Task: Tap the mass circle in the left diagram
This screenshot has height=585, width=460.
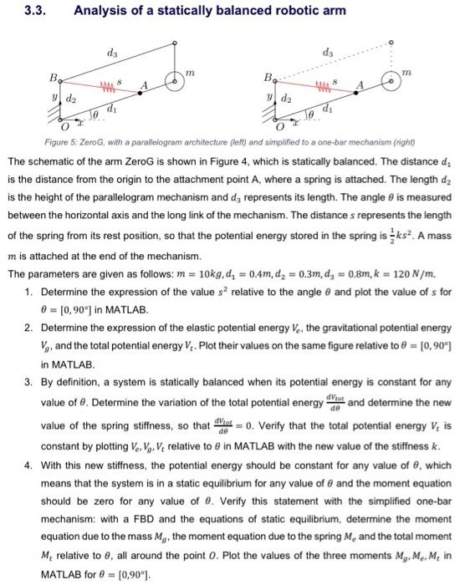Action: [175, 83]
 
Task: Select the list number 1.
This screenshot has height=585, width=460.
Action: [27, 292]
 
